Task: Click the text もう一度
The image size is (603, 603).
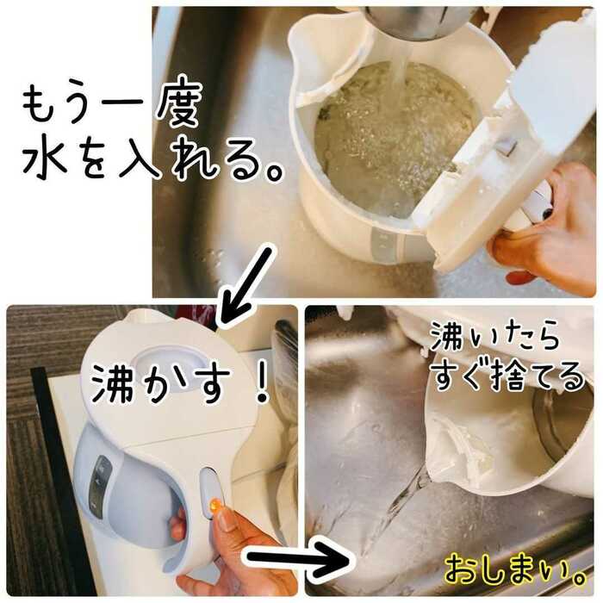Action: pos(111,106)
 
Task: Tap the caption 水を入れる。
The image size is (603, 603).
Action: pos(152,158)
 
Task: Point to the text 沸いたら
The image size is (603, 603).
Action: pos(494,338)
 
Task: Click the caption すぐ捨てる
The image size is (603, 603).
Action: pos(507,375)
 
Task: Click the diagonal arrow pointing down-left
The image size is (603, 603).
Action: pos(246,285)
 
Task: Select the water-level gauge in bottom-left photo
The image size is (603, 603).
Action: pos(97,485)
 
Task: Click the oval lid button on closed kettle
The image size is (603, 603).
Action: pos(165,359)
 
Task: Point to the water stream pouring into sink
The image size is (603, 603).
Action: pos(396,507)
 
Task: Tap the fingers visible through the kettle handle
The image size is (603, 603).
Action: pos(178,522)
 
